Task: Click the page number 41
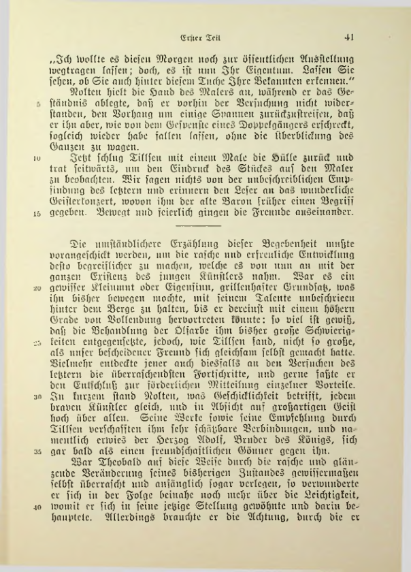[x=352, y=38]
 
